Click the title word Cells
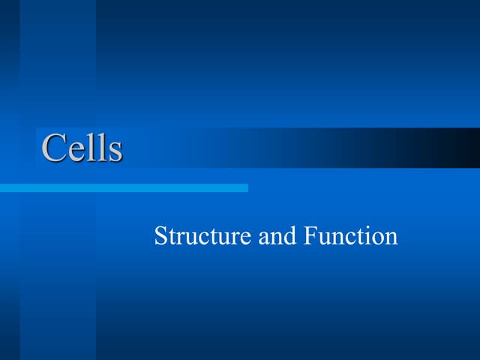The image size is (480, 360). click(82, 148)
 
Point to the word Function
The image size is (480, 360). click(351, 236)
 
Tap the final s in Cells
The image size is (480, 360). click(115, 151)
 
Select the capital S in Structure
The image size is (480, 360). click(160, 236)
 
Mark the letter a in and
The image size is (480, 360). click(263, 238)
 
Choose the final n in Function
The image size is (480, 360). click(391, 238)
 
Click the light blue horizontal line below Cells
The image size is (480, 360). click(124, 187)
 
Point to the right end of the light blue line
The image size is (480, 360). click(245, 187)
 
